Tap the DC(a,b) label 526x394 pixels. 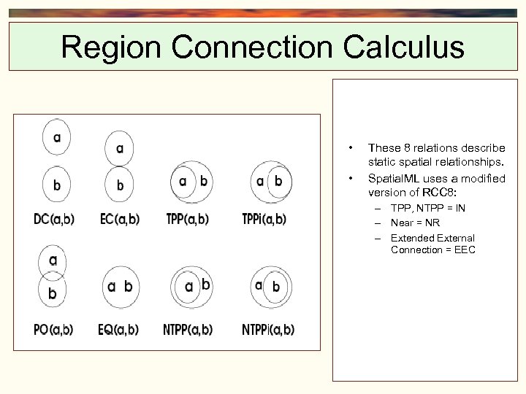(54, 218)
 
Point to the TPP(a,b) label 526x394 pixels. (187, 218)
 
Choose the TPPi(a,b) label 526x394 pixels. (264, 218)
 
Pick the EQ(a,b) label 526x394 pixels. (118, 329)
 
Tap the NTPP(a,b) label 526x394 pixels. (188, 329)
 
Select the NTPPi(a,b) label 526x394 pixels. (268, 329)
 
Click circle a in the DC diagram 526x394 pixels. (56, 136)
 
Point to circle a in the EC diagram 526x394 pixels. (119, 149)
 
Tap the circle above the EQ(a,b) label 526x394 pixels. (120, 287)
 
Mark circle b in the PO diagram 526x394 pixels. (52, 293)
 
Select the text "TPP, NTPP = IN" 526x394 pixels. (428, 208)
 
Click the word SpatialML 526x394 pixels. (392, 178)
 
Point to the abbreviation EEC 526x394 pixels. (464, 250)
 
